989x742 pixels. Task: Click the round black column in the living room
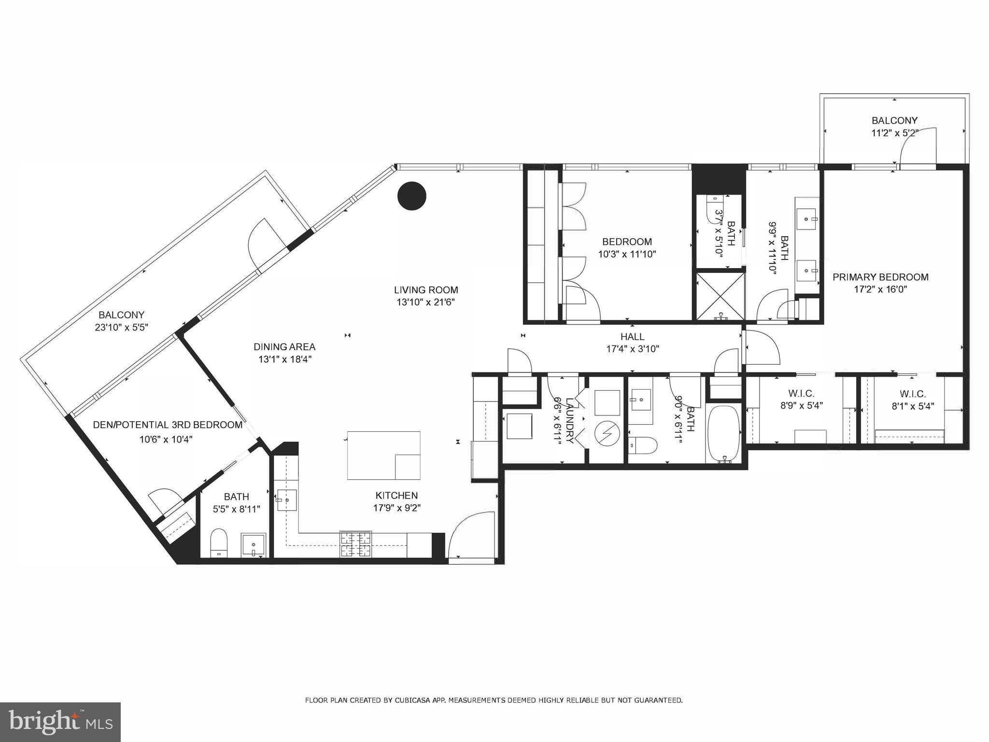tap(411, 196)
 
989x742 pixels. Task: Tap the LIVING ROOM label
tap(425, 290)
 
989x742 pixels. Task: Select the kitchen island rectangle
tap(383, 455)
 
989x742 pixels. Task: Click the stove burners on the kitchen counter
tap(356, 544)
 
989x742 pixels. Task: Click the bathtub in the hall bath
tap(723, 434)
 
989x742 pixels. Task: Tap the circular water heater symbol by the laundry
tap(604, 434)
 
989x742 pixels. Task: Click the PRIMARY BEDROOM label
tap(880, 277)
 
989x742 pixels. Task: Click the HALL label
tap(632, 336)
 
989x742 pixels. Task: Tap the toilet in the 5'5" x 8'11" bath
tap(219, 542)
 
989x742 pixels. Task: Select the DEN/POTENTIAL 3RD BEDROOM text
tap(167, 425)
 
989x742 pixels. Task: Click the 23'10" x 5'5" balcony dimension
tap(121, 327)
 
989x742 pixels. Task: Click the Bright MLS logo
tap(60, 722)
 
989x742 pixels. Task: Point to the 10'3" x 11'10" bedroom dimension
tap(627, 254)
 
